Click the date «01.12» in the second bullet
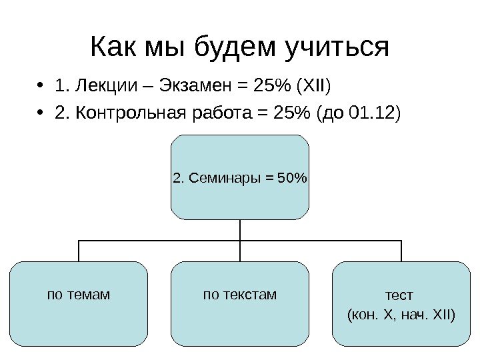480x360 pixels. tap(370, 113)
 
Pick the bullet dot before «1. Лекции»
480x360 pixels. tap(41, 87)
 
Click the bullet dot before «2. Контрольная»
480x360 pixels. tap(41, 114)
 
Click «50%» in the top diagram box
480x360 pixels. tap(291, 178)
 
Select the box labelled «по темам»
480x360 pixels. tap(79, 303)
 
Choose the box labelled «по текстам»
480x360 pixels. tap(240, 303)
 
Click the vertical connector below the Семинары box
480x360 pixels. tap(240, 230)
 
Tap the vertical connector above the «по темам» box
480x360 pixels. tap(79, 251)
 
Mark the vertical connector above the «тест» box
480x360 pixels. tap(401, 251)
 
